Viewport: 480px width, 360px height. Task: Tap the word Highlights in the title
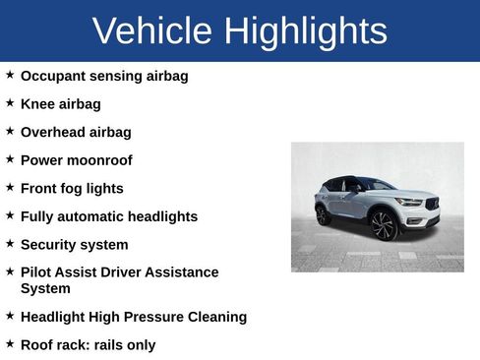305,31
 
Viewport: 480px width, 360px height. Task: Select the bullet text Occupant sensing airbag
104,76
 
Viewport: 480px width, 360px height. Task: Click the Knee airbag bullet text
60,103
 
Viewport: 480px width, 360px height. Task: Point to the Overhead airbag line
76,132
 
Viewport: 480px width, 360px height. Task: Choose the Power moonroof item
76,159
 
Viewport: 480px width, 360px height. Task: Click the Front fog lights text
72,188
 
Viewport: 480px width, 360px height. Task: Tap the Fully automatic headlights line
108,216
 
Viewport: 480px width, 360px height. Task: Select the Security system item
74,244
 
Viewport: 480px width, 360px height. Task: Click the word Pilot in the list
36,271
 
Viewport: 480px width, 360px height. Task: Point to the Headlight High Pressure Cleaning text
133,317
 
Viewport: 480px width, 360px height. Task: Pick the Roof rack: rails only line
88,344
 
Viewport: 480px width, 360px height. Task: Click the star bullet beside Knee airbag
10,102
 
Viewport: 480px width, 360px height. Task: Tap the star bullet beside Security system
10,243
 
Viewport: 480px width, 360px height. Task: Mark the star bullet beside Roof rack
10,343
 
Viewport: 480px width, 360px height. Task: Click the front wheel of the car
383,225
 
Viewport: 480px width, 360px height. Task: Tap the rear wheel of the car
323,214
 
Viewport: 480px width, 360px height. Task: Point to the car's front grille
431,206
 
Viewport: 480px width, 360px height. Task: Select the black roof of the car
349,179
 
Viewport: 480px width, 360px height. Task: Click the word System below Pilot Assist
45,288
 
